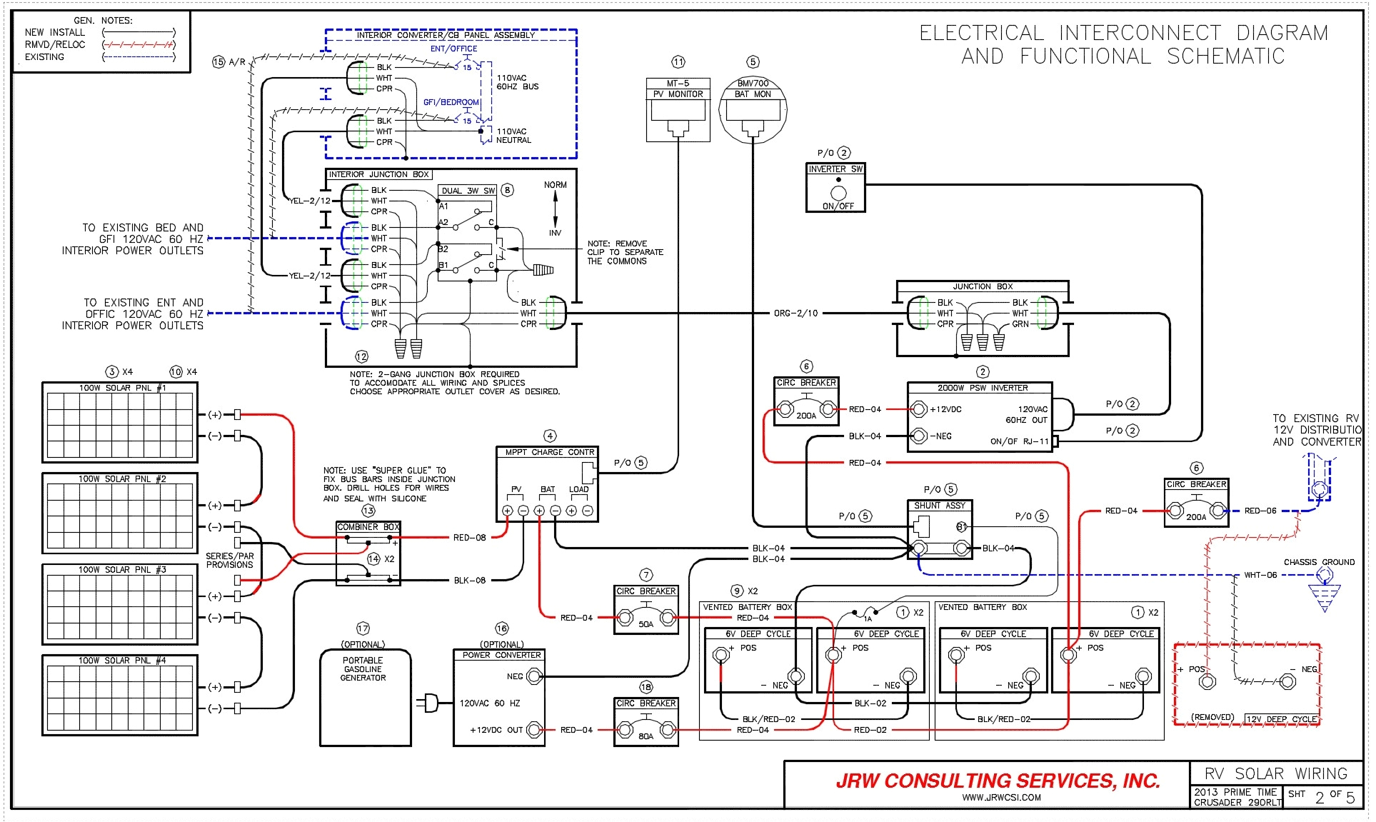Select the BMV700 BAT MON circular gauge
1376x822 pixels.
tap(753, 111)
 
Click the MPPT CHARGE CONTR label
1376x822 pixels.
tap(549, 452)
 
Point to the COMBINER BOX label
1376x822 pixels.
tap(368, 527)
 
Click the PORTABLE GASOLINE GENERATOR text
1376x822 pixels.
tap(363, 669)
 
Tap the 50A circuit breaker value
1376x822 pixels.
tap(646, 624)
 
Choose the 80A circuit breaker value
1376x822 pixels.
tap(646, 736)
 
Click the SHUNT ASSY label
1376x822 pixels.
tap(939, 505)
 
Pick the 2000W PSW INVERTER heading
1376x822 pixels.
tap(983, 388)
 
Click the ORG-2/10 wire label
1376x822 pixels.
tap(795, 313)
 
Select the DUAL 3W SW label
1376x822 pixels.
tap(468, 191)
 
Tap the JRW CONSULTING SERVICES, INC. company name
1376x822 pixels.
tap(997, 781)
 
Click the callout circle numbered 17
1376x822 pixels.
tap(363, 628)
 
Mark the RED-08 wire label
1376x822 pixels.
tap(469, 538)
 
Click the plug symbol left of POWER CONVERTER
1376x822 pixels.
tap(429, 703)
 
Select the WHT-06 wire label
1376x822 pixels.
tap(1260, 575)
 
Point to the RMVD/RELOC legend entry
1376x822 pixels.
tap(54, 44)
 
